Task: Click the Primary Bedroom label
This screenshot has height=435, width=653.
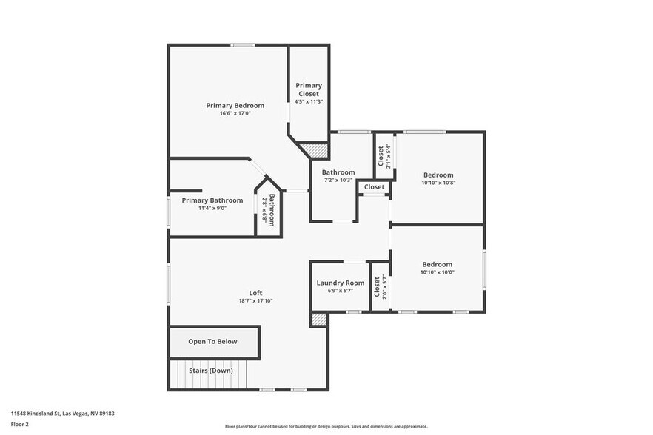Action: (235, 106)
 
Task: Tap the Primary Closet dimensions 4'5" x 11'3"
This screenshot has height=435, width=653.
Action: (309, 101)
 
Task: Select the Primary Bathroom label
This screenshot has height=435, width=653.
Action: (212, 200)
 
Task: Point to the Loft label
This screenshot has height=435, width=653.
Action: (255, 293)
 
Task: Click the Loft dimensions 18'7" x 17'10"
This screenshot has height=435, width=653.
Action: (255, 301)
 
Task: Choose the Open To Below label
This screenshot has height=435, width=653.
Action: (212, 342)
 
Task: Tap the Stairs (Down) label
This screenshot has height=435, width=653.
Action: (210, 371)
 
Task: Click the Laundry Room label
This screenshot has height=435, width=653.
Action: (341, 283)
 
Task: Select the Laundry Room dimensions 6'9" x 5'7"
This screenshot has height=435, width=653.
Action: (341, 291)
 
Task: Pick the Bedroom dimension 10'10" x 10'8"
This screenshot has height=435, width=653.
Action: (438, 183)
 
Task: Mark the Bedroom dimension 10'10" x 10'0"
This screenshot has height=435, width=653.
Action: (438, 272)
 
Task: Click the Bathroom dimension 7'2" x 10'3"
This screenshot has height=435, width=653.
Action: (338, 180)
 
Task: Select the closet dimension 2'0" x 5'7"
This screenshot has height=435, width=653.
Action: (384, 286)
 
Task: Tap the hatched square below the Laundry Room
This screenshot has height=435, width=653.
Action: (319, 320)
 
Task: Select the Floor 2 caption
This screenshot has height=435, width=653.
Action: (20, 424)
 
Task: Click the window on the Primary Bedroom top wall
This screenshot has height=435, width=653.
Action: (242, 45)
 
